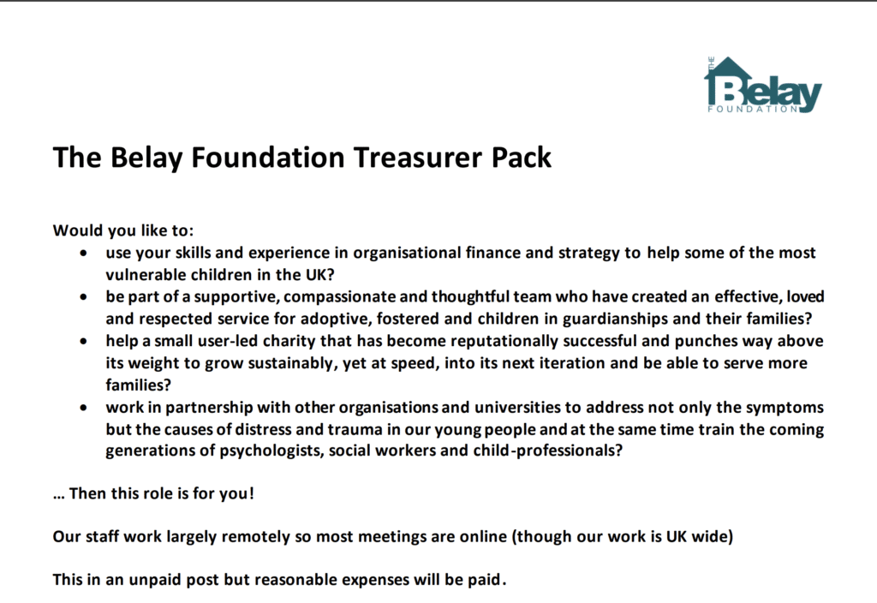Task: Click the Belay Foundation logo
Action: pos(762,86)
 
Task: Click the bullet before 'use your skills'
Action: pos(83,254)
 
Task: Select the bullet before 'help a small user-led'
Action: pos(83,342)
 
